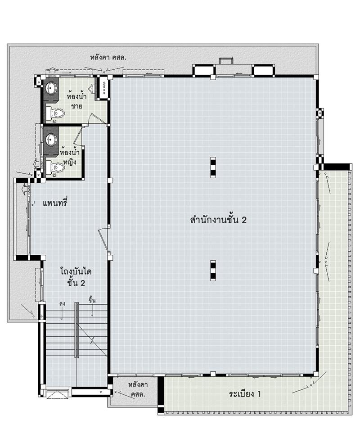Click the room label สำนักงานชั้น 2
pos(218,220)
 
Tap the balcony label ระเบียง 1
pos(245,394)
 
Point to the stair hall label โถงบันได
pos(76,271)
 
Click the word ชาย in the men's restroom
pos(76,106)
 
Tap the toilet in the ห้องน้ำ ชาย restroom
pos(55,113)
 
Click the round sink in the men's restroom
pos(51,88)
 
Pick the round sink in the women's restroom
pos(51,139)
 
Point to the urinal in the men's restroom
pos(92,87)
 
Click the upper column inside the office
pos(213,167)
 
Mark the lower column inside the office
pos(213,271)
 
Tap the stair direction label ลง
pos(62,304)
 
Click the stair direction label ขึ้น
pos(92,300)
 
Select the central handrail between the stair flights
pos(77,330)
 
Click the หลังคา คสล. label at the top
pos(108,58)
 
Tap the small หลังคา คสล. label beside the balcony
pos(138,389)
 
